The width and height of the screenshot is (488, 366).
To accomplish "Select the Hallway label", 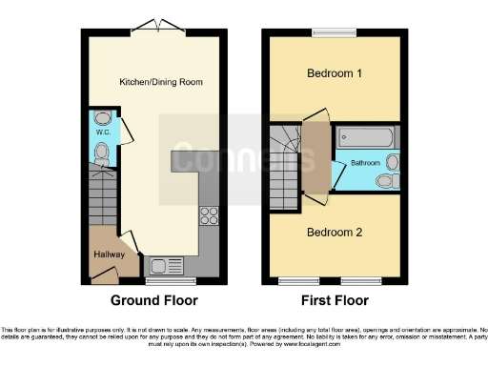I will tap(111, 254).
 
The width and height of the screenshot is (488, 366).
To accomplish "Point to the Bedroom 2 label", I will tap(334, 232).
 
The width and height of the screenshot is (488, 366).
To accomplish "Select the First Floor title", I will tap(334, 300).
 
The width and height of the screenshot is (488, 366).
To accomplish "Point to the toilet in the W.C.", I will tap(103, 152).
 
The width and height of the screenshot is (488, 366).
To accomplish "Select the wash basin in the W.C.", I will tap(103, 120).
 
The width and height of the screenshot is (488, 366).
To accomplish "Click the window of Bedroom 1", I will tap(334, 33).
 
